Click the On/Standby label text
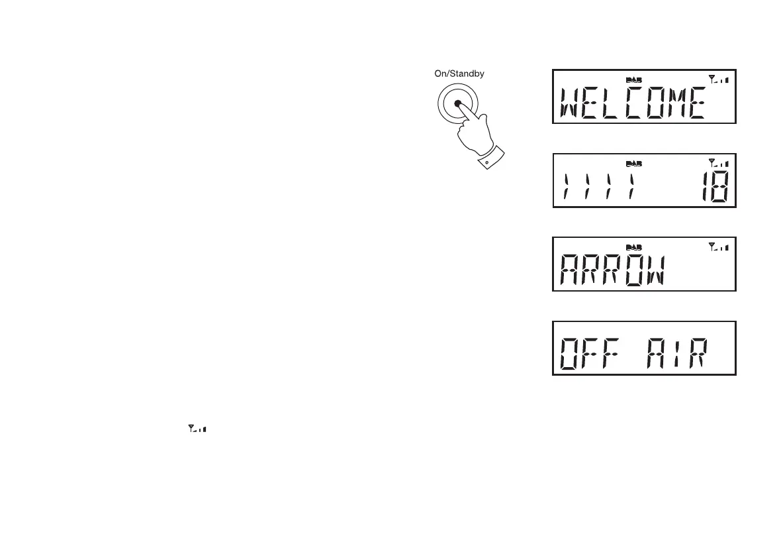point(459,74)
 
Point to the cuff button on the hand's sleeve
point(486,162)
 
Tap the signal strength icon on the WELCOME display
point(717,80)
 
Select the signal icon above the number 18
point(717,163)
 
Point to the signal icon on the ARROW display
point(717,247)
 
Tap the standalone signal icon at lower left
point(197,429)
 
